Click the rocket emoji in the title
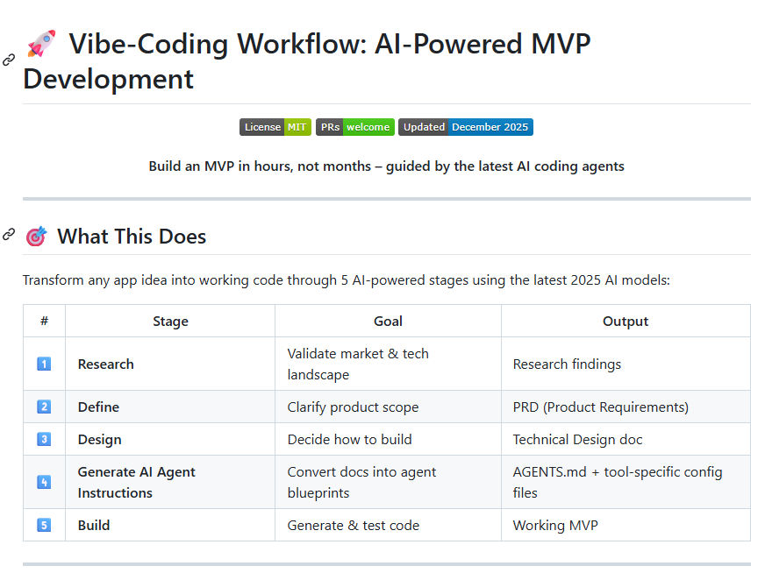point(41,43)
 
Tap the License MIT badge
point(275,127)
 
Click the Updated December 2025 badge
point(465,127)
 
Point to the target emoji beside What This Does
point(36,237)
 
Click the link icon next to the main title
point(9,60)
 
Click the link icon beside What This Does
point(9,235)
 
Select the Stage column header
point(170,322)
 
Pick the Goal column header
point(388,322)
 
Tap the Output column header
point(626,322)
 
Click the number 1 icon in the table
point(44,364)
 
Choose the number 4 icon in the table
point(44,482)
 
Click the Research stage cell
point(106,364)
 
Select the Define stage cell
point(98,407)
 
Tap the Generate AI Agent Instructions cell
point(136,483)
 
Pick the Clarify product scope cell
point(353,407)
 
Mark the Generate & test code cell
point(354,526)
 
